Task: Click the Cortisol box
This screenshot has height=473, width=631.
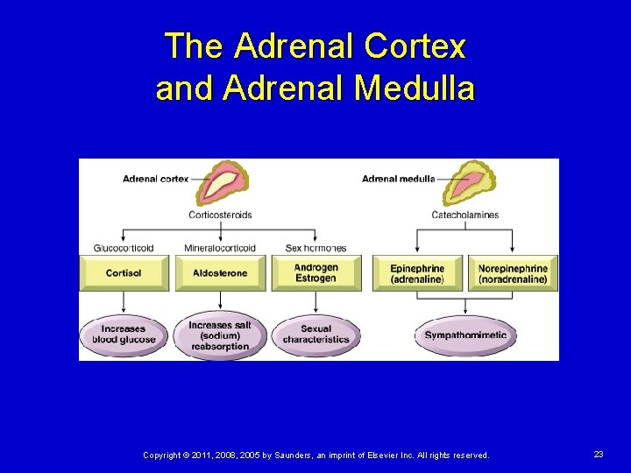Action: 124,273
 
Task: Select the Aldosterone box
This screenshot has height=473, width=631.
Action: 220,273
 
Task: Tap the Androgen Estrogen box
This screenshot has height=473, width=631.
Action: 315,273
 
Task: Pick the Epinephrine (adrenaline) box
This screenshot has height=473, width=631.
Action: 417,273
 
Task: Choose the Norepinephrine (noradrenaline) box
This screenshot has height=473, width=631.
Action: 513,273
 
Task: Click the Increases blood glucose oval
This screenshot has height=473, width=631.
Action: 124,335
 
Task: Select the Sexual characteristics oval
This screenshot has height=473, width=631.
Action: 315,335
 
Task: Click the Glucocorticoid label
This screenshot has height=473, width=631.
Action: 124,248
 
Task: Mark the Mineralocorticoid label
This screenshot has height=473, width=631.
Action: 220,248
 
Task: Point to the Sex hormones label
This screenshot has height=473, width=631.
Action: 315,248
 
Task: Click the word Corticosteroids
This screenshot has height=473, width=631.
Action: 220,215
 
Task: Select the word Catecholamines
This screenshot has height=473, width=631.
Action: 464,215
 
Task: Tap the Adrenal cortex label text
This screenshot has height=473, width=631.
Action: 155,180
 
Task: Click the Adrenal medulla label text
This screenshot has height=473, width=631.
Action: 398,180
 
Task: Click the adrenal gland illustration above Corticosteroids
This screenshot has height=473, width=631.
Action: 221,182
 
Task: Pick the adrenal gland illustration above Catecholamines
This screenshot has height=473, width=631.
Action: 467,182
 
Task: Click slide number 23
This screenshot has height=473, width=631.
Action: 599,455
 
